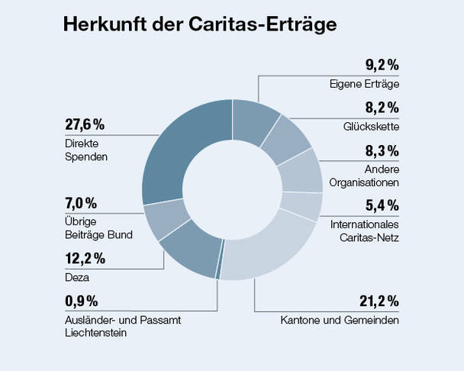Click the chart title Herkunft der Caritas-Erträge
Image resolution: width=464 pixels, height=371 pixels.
(200, 24)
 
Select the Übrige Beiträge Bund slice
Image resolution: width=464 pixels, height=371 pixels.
(163, 220)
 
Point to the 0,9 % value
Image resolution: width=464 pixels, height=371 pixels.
(82, 301)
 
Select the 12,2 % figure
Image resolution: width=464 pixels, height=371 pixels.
(85, 259)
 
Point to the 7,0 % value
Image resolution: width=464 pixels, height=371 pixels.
(82, 202)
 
